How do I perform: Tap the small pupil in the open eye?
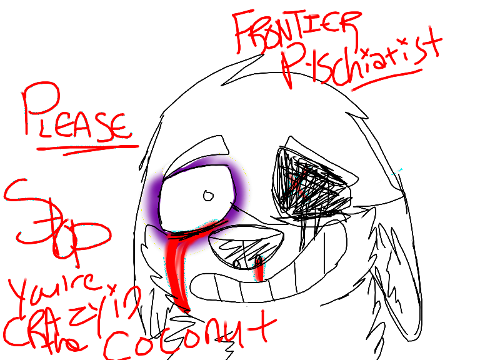tap(208, 196)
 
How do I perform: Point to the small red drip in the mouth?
tap(259, 268)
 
